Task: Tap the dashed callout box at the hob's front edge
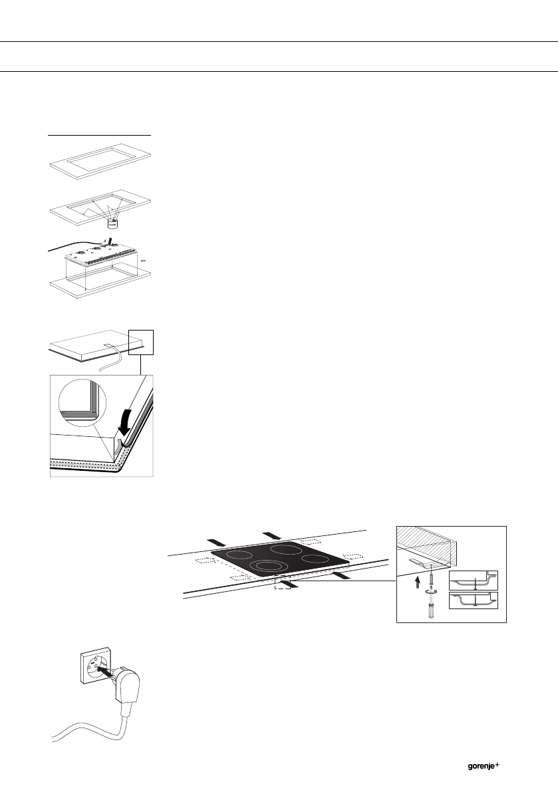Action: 282,582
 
